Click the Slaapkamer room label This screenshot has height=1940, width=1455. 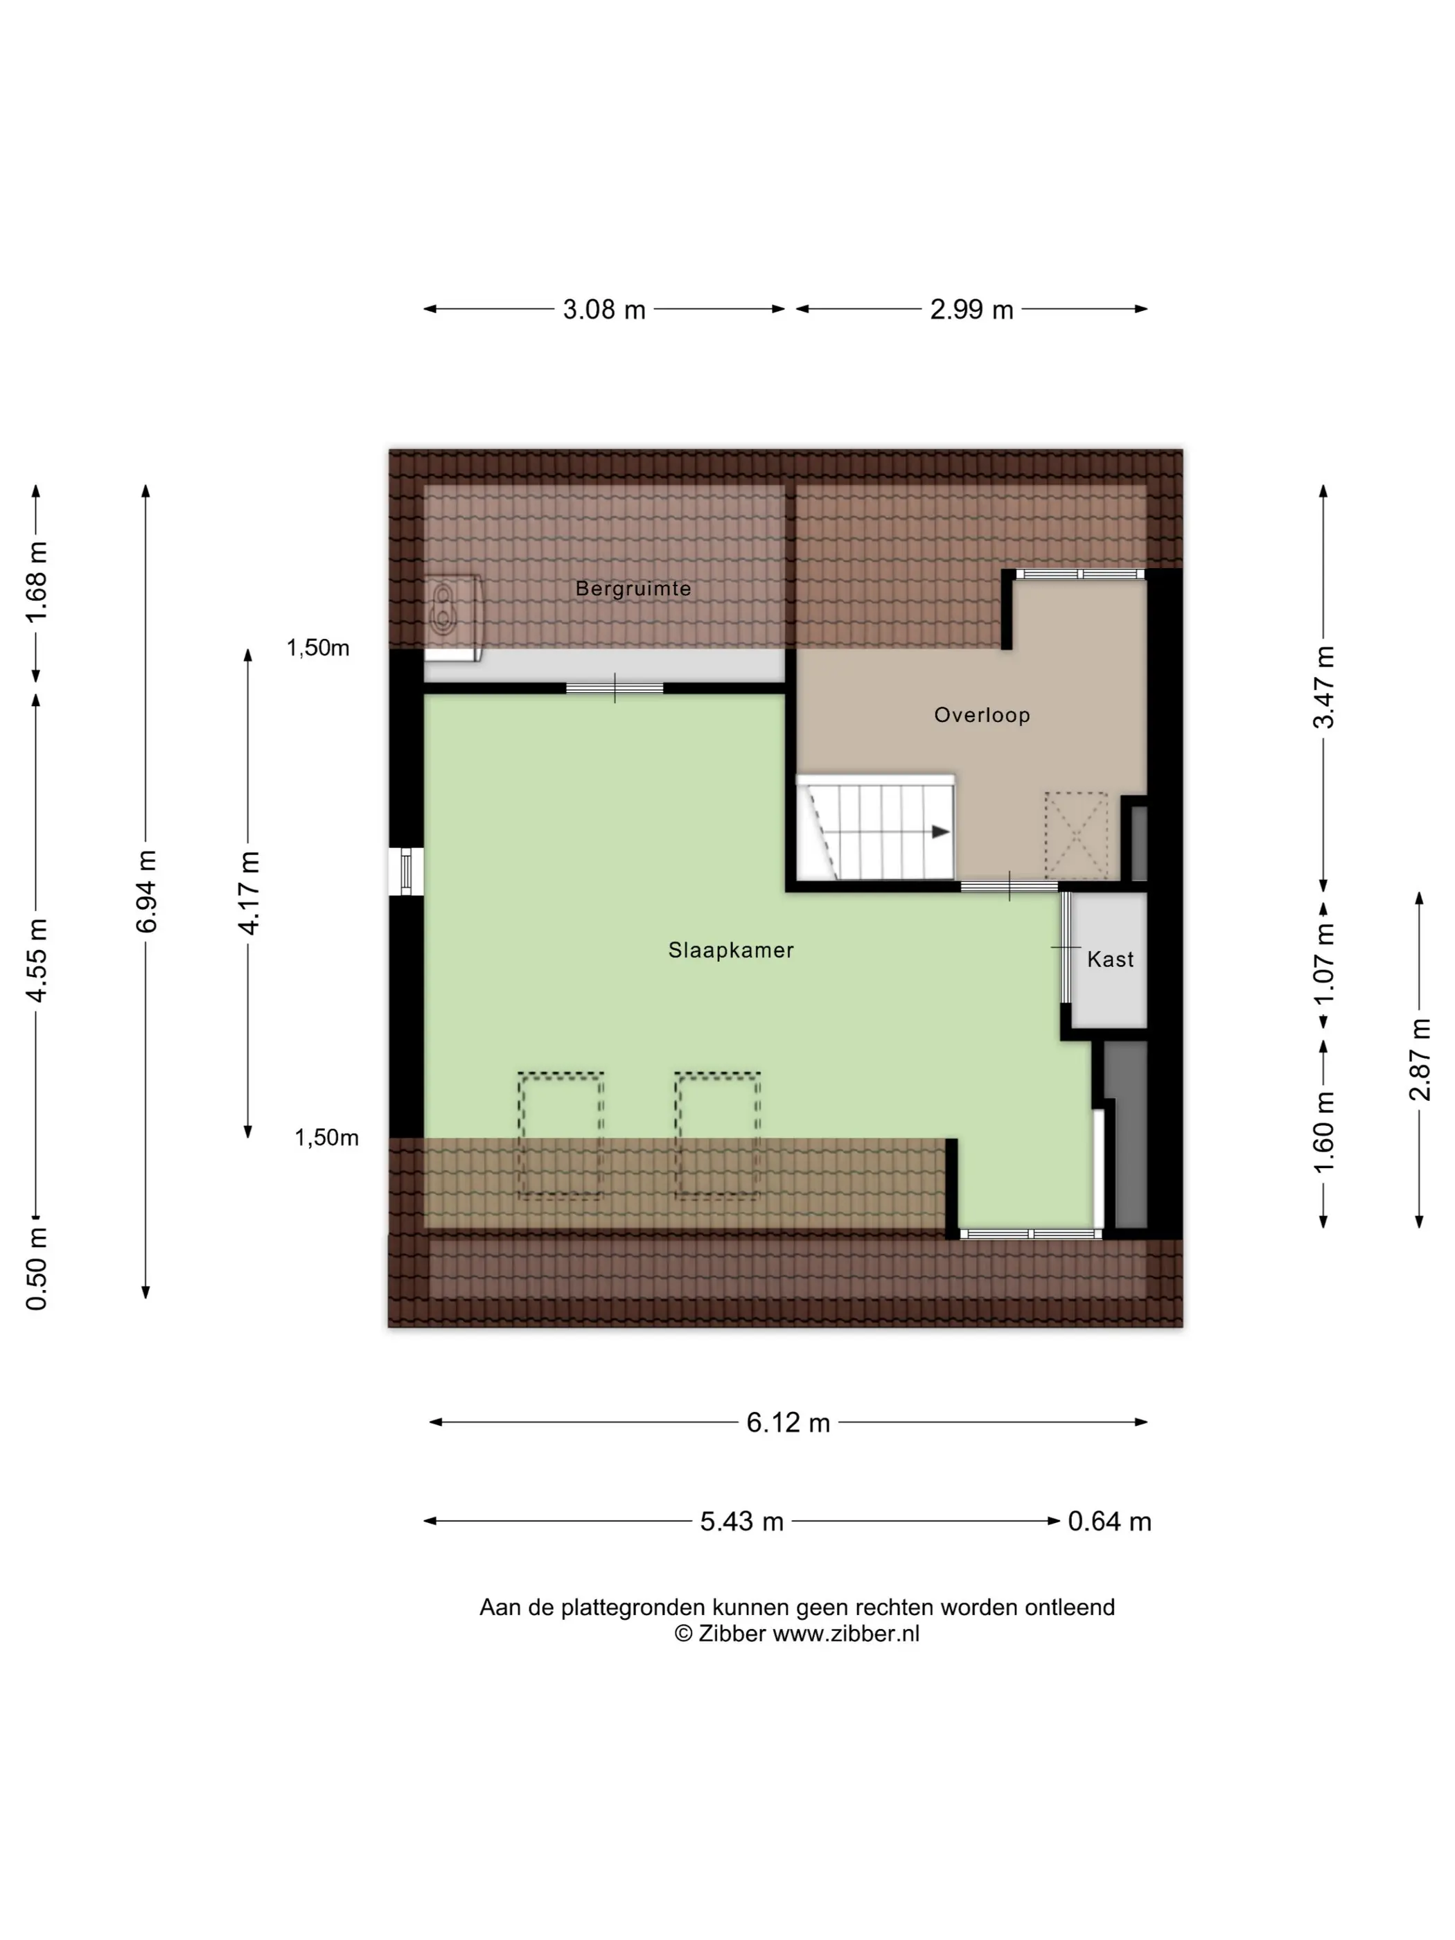pos(730,950)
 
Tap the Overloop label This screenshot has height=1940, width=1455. pos(981,715)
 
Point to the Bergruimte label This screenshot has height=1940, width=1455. pos(633,588)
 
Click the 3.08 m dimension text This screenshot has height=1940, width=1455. pos(603,310)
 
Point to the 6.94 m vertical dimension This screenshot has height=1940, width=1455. pos(146,890)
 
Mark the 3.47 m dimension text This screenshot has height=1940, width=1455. pos(1323,687)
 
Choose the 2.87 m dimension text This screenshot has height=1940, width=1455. pos(1420,1059)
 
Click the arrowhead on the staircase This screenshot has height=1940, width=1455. pos(941,831)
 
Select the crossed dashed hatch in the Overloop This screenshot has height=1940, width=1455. pos(1076,836)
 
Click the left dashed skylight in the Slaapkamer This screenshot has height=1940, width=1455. pos(561,1135)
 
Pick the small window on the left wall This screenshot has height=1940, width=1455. pos(405,871)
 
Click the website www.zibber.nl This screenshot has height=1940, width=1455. pos(845,1634)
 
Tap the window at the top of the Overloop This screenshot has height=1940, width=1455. pos(1080,574)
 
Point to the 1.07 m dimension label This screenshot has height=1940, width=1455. pos(1323,963)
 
